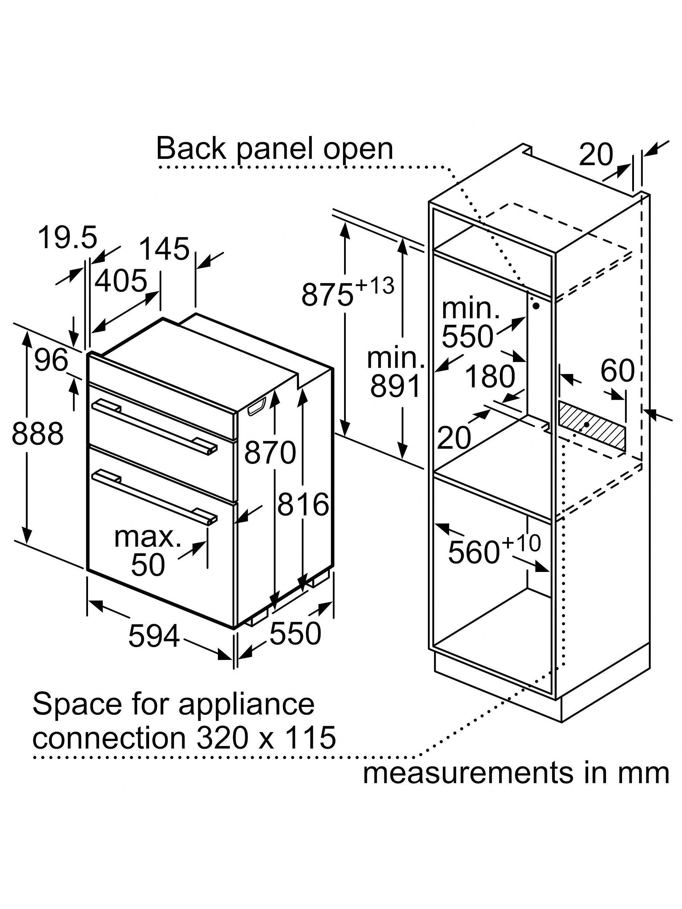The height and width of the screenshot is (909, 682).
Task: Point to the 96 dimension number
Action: tap(51, 360)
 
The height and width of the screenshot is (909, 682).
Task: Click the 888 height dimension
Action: tap(37, 433)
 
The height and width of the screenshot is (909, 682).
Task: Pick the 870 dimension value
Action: tap(270, 452)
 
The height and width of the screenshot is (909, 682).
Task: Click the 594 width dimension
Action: tap(154, 636)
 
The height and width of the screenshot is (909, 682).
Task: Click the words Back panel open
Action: tap(275, 149)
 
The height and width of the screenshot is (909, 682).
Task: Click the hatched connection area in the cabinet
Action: tap(592, 427)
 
